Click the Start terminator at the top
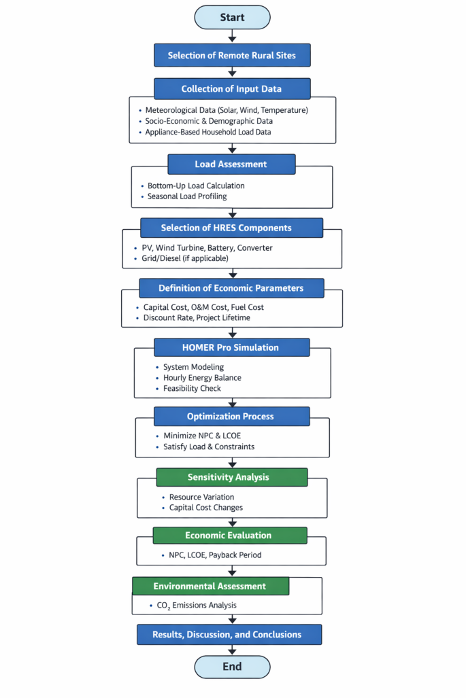coord(232,17)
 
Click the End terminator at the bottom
coord(232,667)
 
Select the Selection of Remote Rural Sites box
coord(232,55)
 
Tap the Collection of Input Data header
coord(232,89)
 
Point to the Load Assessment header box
coord(231,164)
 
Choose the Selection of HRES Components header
coord(231,228)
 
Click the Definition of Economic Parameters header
coord(231,288)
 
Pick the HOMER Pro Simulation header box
coord(232,347)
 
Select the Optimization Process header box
coord(231,417)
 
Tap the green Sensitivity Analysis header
coord(231,477)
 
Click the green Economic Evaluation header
coord(228,536)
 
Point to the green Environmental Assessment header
coord(210,586)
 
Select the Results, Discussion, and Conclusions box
coord(229,635)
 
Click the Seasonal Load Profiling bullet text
coord(187,196)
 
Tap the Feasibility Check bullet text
coord(193,389)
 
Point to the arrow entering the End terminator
coord(232,650)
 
